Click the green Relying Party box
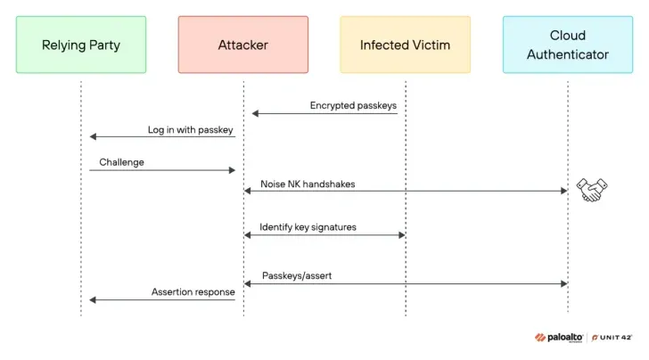pyautogui.click(x=81, y=45)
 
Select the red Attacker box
pyautogui.click(x=243, y=45)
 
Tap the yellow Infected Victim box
pyautogui.click(x=406, y=45)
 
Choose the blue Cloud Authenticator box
pyautogui.click(x=568, y=45)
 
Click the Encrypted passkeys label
pyautogui.click(x=353, y=105)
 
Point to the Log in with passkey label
pyautogui.click(x=191, y=130)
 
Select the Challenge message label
pyautogui.click(x=121, y=162)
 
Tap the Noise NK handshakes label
pyautogui.click(x=308, y=184)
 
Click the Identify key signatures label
pyautogui.click(x=308, y=227)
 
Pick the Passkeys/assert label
pyautogui.click(x=297, y=275)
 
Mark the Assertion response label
pyautogui.click(x=193, y=291)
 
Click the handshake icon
pyautogui.click(x=592, y=190)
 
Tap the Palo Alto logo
pyautogui.click(x=559, y=338)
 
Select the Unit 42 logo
pyautogui.click(x=612, y=338)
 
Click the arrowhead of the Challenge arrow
pyautogui.click(x=232, y=170)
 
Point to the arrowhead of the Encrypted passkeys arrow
pyautogui.click(x=255, y=113)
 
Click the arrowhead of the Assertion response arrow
pyautogui.click(x=93, y=300)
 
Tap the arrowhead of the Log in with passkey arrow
pyautogui.click(x=93, y=136)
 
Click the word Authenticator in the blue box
pyautogui.click(x=568, y=54)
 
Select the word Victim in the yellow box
pyautogui.click(x=431, y=45)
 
